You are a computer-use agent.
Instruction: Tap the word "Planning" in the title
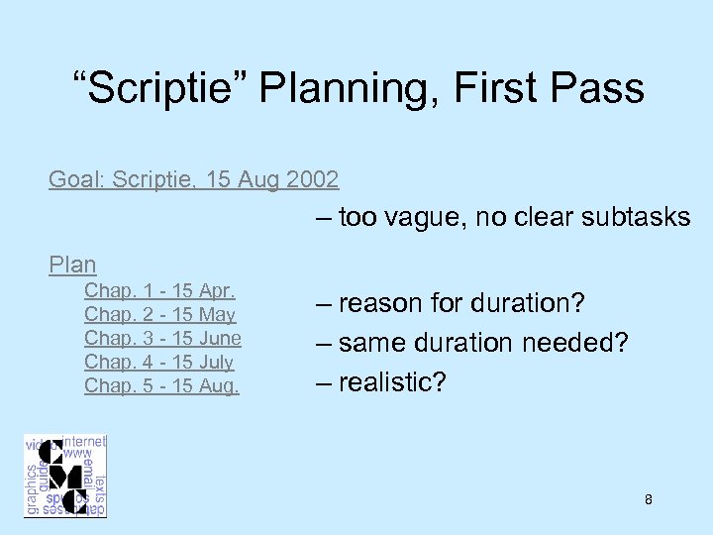(x=349, y=88)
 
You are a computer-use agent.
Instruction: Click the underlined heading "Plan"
(x=73, y=265)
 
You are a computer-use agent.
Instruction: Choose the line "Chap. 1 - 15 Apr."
(x=159, y=291)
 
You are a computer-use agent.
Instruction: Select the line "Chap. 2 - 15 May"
(x=159, y=315)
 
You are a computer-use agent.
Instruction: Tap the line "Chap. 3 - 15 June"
(x=162, y=339)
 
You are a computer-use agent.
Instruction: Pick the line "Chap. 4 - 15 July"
(x=158, y=363)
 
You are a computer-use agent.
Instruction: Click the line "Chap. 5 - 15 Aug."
(x=161, y=386)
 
